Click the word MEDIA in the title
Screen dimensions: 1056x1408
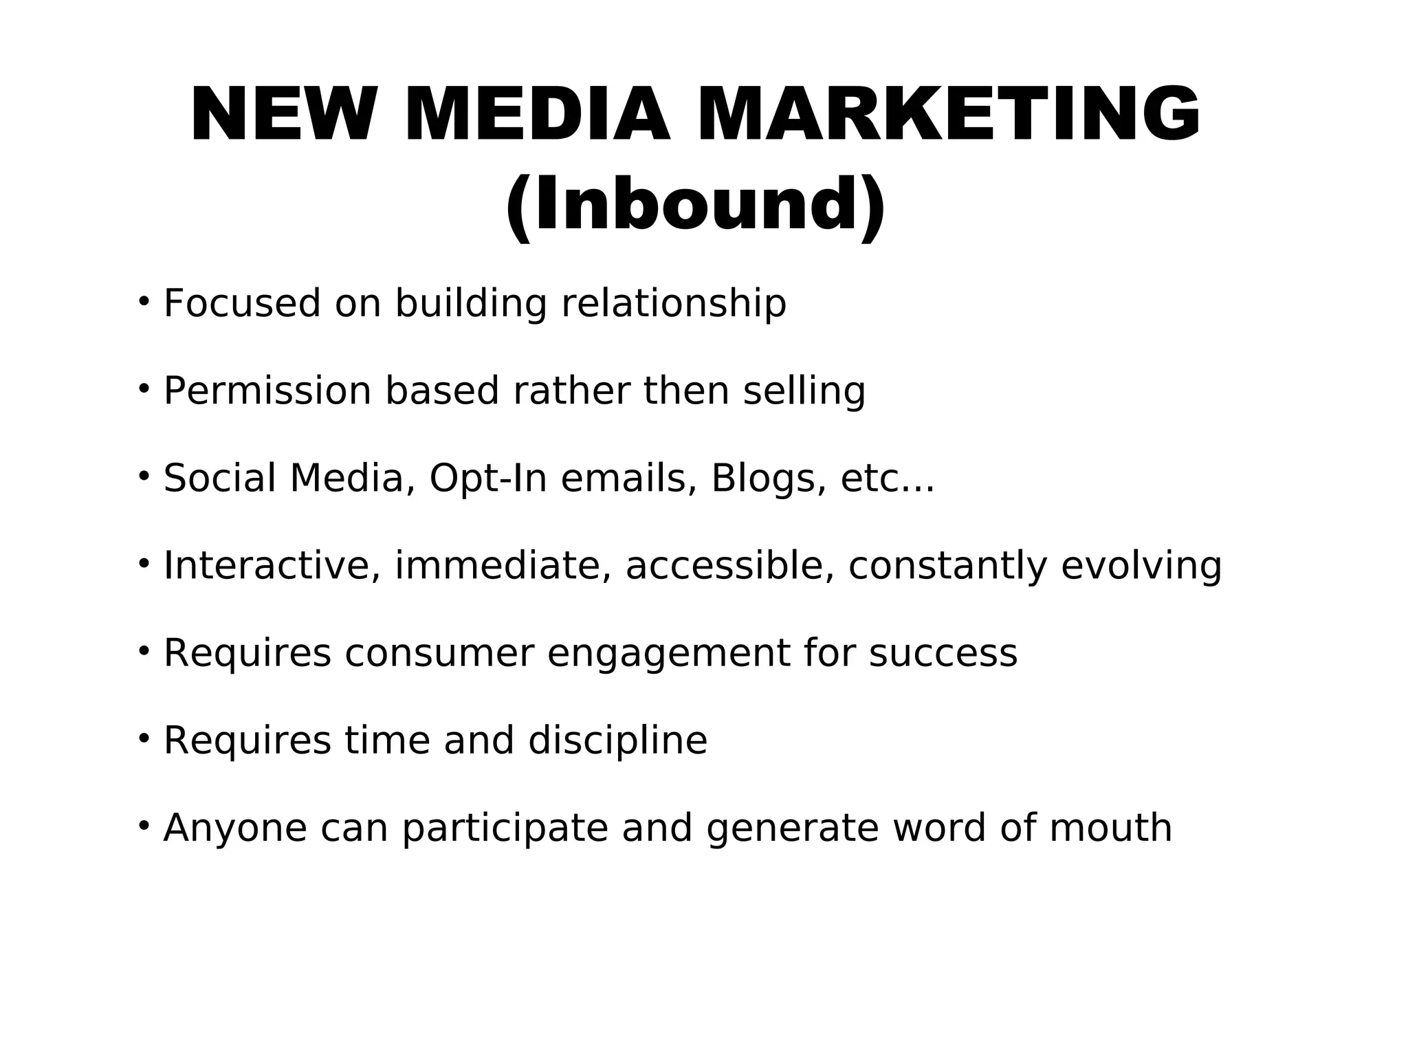537,115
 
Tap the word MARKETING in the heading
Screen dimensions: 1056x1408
949,115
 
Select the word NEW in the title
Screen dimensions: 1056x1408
283,115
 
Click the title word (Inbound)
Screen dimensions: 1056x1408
695,205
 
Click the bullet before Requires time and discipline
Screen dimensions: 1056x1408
144,738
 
